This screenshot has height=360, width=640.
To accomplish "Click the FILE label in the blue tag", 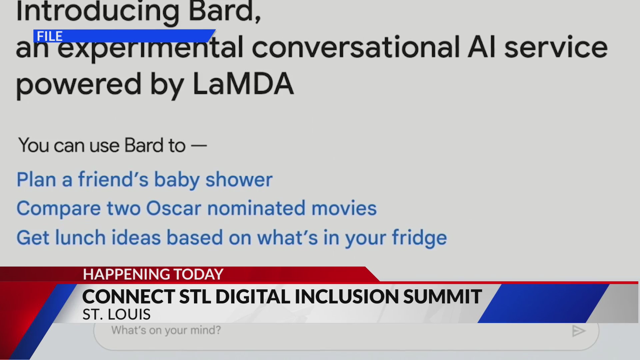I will tap(50, 36).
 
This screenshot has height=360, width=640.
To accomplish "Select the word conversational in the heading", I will tap(356, 47).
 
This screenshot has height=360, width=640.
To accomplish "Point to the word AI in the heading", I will tap(482, 47).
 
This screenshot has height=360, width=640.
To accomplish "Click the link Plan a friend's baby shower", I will tap(144, 180).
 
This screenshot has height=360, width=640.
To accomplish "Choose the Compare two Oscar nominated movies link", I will tap(196, 208).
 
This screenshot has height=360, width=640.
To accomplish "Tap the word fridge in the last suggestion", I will tap(419, 238).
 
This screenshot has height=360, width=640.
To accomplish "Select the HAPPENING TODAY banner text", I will tap(153, 274).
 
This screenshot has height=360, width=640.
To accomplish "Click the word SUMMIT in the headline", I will tap(442, 296).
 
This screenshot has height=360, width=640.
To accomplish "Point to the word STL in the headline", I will tap(195, 296).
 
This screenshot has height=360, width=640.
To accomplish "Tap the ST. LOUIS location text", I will tap(116, 314).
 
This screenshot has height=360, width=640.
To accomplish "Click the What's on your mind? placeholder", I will tap(166, 330).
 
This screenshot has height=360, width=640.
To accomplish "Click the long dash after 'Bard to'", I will tap(199, 146).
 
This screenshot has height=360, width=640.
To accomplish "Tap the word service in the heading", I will tap(556, 47).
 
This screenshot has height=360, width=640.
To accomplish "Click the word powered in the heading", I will tap(79, 84).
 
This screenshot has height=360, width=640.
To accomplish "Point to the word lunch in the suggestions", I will tap(80, 238).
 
